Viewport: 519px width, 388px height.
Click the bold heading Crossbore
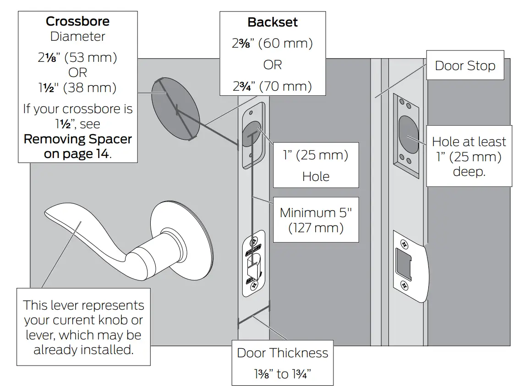click(77, 22)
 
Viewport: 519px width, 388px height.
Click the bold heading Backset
click(273, 22)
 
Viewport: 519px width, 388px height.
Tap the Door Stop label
click(464, 66)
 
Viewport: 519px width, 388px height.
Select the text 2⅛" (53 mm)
click(77, 58)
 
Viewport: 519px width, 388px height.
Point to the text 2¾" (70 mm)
click(273, 86)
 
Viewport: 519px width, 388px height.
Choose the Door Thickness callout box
click(282, 363)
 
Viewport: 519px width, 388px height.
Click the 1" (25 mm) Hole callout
click(316, 165)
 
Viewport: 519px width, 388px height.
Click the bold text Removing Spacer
click(77, 139)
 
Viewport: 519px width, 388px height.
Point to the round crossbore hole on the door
click(175, 109)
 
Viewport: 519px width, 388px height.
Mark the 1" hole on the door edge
click(252, 134)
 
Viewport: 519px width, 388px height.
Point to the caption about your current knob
click(83, 327)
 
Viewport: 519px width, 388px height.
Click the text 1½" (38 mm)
click(77, 87)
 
